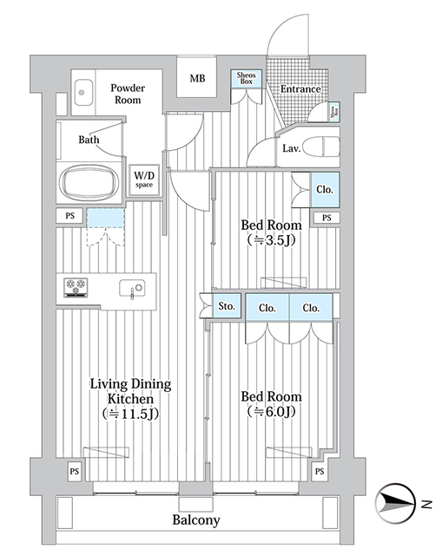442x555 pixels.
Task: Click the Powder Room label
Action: (127, 94)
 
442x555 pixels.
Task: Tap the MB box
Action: (198, 79)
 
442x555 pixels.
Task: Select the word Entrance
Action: (300, 89)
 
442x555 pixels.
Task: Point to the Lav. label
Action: (292, 148)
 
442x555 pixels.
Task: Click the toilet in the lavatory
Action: (323, 145)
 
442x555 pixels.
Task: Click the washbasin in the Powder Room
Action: (83, 91)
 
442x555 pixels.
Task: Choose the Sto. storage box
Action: (228, 306)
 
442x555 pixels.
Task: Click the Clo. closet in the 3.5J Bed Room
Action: (321, 190)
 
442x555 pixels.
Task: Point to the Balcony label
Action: (195, 520)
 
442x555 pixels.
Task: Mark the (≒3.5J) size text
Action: (272, 240)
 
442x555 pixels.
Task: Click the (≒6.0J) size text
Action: (272, 412)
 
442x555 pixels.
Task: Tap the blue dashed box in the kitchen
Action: (105, 218)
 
